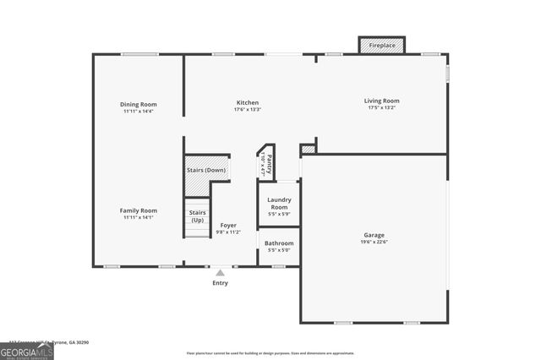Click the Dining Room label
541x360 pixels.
tap(138, 104)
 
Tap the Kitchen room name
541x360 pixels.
tap(247, 103)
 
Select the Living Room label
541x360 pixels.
tap(381, 101)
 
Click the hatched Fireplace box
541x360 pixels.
tap(381, 46)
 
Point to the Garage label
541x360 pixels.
tap(374, 235)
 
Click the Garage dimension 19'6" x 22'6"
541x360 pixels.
tap(374, 243)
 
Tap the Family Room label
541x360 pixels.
tap(138, 210)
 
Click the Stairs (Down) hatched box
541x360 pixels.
tap(206, 169)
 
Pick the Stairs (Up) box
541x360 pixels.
tap(197, 216)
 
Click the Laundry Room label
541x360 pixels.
tap(279, 204)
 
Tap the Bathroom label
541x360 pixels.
tap(279, 243)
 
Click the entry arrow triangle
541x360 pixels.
tap(220, 273)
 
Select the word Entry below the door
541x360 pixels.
tap(220, 283)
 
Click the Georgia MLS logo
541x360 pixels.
tap(26, 351)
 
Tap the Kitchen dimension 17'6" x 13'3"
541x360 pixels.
tap(247, 110)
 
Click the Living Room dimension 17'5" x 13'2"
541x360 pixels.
tap(381, 108)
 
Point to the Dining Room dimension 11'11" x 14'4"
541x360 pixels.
tap(138, 112)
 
